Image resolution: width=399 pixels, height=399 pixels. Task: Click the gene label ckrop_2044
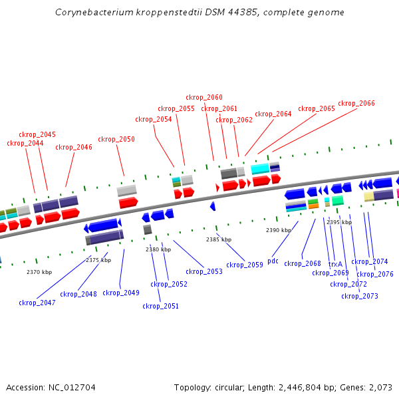pyautogui.click(x=25, y=143)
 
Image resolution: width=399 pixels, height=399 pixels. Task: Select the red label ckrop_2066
pyautogui.click(x=356, y=103)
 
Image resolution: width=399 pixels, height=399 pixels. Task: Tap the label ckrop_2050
pyautogui.click(x=116, y=139)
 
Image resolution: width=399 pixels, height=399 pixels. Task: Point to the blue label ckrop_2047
pyautogui.click(x=37, y=303)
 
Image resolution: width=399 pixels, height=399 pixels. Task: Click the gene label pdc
pyautogui.click(x=273, y=261)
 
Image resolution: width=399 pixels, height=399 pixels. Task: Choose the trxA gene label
pyautogui.click(x=335, y=264)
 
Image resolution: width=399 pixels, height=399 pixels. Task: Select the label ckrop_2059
pyautogui.click(x=245, y=265)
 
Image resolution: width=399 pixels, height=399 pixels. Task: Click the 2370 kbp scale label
pyautogui.click(x=39, y=272)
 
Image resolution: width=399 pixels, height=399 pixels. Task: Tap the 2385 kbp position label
pyautogui.click(x=219, y=239)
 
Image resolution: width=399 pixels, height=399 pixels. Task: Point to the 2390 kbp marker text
pyautogui.click(x=279, y=230)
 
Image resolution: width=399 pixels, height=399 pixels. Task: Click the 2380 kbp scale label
pyautogui.click(x=158, y=249)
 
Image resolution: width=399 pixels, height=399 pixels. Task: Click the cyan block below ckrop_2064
pyautogui.click(x=260, y=168)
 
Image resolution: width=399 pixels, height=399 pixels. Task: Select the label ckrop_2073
pyautogui.click(x=360, y=296)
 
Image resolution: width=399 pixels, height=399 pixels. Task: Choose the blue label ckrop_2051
pyautogui.click(x=161, y=306)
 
